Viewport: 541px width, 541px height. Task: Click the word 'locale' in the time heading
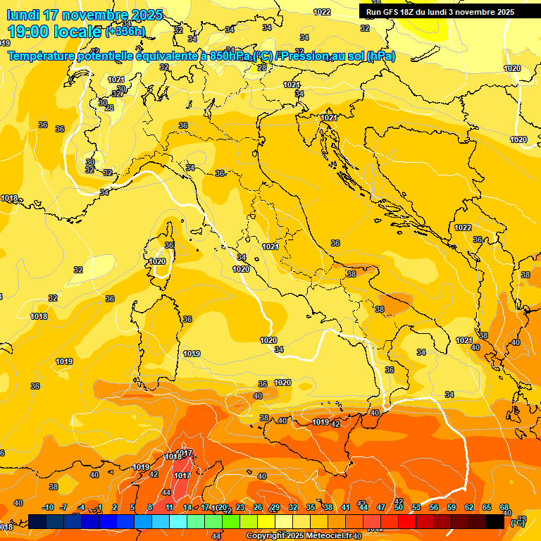point(77,31)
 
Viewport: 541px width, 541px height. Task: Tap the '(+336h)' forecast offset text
point(125,32)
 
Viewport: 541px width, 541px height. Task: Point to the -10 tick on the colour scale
point(48,507)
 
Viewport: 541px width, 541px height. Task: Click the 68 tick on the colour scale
point(504,507)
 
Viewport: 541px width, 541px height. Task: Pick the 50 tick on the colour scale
point(399,507)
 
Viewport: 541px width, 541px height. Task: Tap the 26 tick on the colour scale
point(258,507)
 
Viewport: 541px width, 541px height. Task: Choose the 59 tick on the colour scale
point(452,507)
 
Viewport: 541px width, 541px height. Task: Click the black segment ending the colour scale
point(495,521)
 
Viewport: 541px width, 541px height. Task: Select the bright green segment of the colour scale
point(231,521)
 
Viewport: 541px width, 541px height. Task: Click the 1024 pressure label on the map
point(291,85)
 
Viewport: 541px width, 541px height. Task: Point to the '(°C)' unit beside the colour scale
point(516,522)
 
